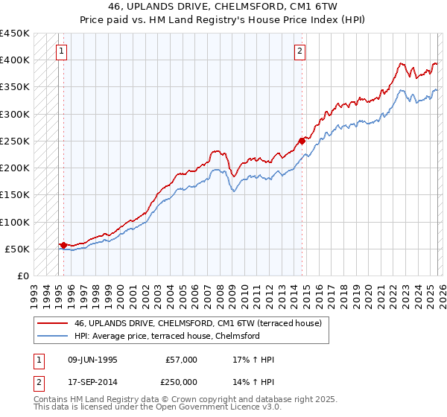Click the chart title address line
click(x=223, y=7)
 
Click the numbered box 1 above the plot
click(x=60, y=51)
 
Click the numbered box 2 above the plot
click(x=299, y=51)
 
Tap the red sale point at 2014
click(x=302, y=140)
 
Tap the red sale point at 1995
click(x=63, y=244)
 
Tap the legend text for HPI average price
click(x=166, y=336)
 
